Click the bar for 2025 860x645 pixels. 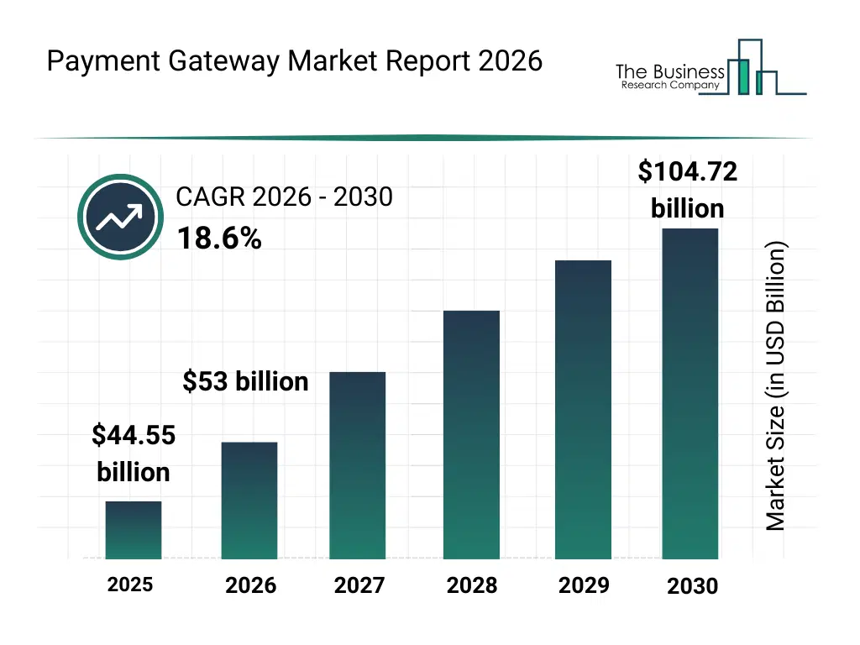coord(134,530)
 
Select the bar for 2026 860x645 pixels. coord(249,501)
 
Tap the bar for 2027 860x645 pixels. coord(358,465)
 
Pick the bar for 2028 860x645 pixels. coord(471,435)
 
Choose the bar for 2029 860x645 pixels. coord(584,410)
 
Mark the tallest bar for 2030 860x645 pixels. coord(690,394)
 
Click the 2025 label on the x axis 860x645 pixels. coord(130,584)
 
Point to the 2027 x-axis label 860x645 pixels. coord(359,585)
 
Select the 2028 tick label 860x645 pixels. coord(472,585)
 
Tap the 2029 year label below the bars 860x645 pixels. coord(584,585)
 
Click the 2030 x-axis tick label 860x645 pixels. coord(693,586)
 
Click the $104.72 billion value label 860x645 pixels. coord(687,190)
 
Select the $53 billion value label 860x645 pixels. coord(245,382)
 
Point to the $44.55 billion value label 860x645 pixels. coord(133,454)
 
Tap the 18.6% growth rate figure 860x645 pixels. coord(219,239)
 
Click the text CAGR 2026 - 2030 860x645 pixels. coord(284,197)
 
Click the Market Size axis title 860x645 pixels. coord(776,386)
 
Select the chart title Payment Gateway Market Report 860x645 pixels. coord(294,61)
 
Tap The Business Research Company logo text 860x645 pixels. coord(669,76)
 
